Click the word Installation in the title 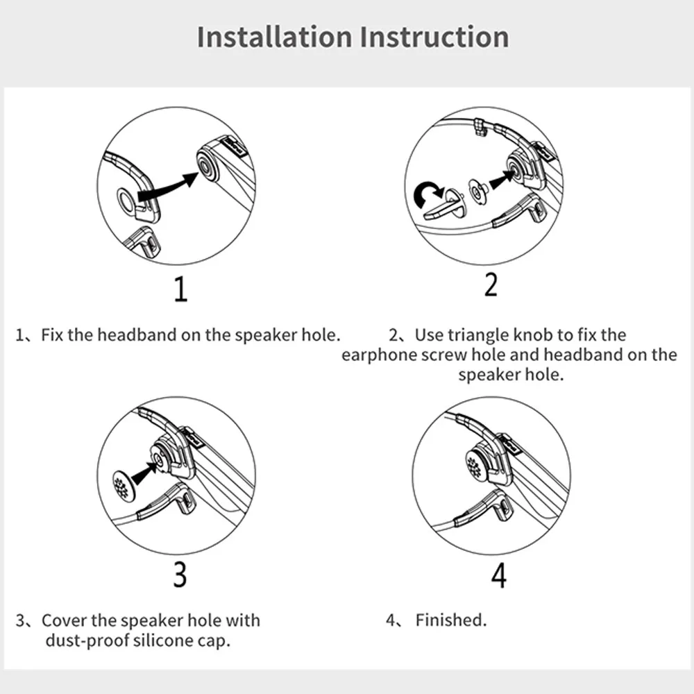[274, 37]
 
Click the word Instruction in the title [434, 37]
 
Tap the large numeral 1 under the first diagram [180, 289]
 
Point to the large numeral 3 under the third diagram [180, 575]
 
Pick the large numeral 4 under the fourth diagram [499, 575]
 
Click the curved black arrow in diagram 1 [168, 187]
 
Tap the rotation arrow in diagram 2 [428, 194]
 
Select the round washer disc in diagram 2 [477, 192]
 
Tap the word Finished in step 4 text [450, 620]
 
